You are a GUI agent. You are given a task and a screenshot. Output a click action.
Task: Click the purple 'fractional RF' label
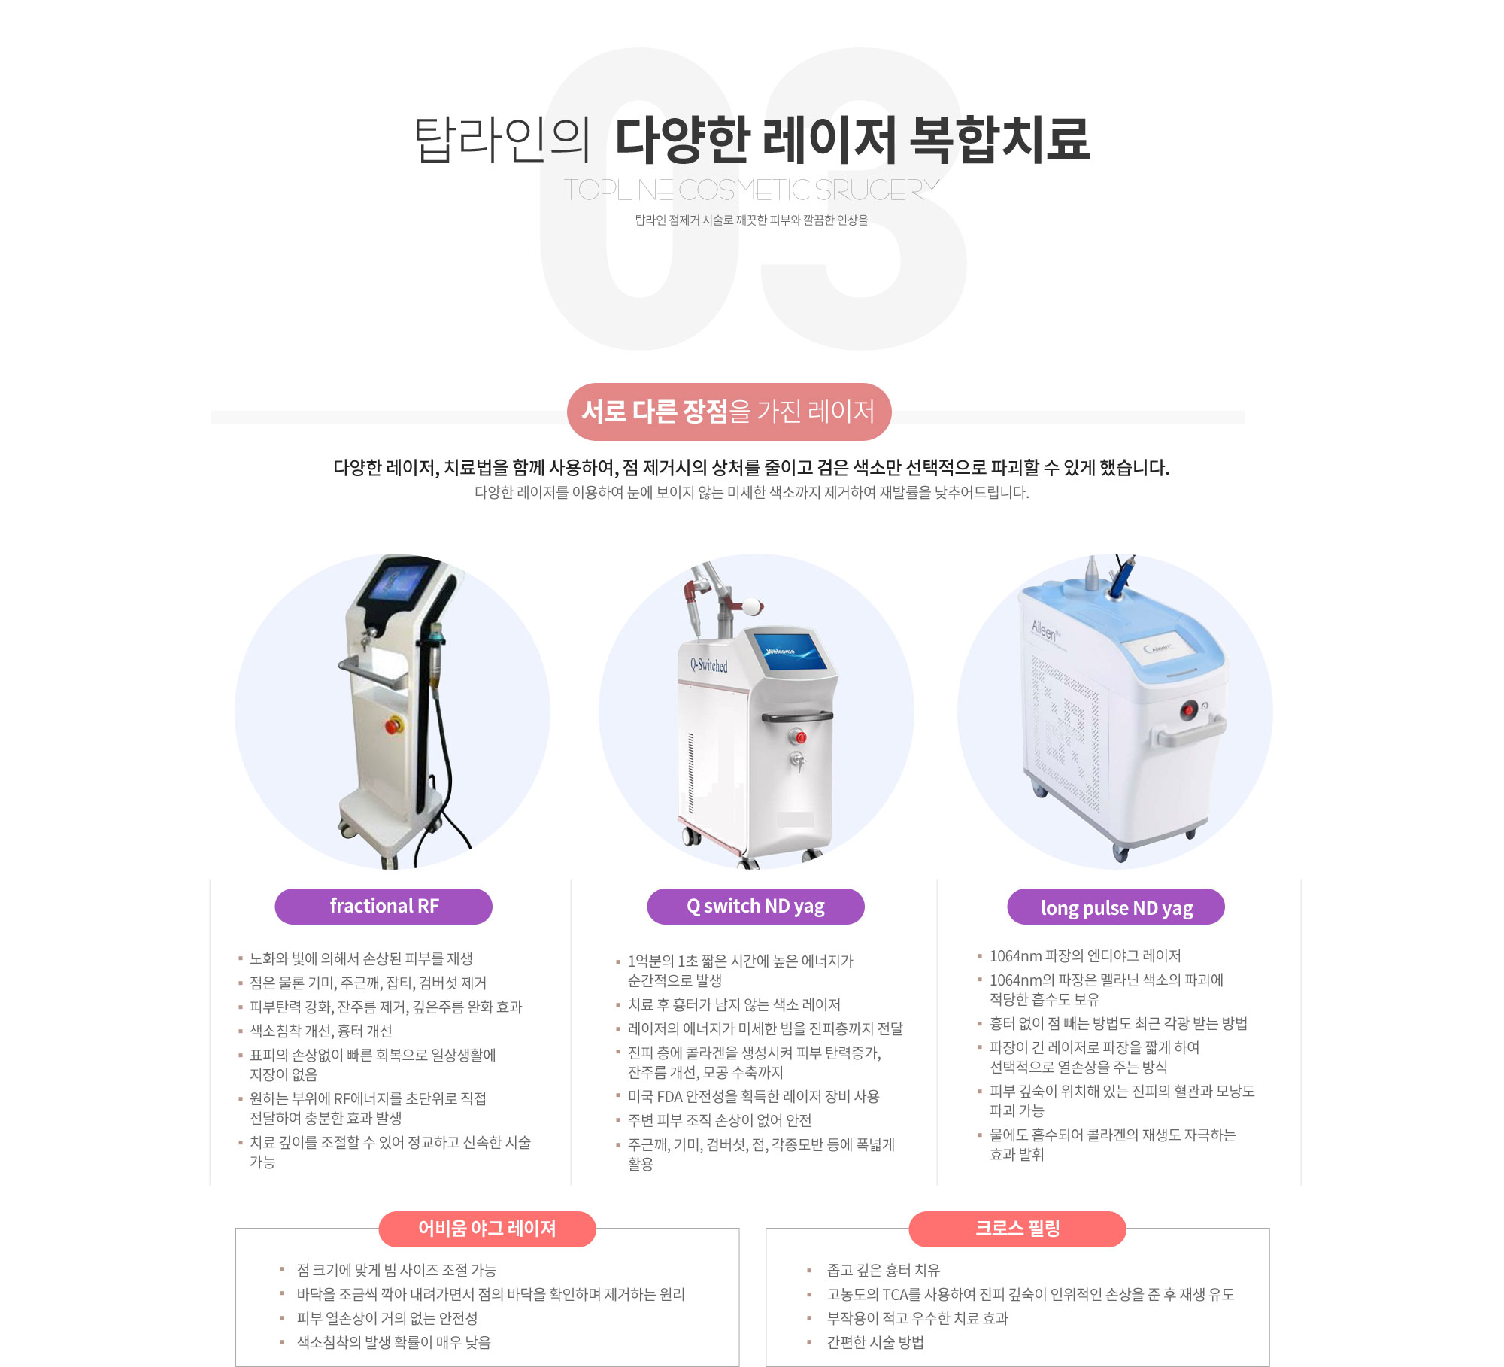[x=384, y=906]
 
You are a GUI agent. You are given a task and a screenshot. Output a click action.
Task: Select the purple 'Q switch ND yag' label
[x=756, y=906]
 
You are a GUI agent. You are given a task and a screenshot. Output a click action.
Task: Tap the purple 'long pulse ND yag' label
[x=1116, y=907]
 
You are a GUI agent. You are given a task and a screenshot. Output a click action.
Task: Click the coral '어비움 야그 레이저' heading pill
[x=487, y=1229]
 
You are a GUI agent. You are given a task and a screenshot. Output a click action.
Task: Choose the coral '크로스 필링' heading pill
[x=1017, y=1229]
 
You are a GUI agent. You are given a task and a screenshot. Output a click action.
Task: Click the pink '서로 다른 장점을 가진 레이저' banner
[x=729, y=412]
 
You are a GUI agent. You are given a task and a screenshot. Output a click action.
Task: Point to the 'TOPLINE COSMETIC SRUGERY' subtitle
[x=752, y=190]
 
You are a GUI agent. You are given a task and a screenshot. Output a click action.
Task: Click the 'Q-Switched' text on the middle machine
[x=709, y=665]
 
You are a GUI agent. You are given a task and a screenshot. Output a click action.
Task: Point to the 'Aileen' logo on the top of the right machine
[x=1045, y=629]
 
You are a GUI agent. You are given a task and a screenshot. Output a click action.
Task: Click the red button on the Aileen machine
[x=1188, y=709]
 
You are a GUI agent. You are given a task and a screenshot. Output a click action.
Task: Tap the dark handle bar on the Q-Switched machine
[x=797, y=717]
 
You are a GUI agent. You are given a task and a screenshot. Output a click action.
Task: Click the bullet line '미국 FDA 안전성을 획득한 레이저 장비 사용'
[x=754, y=1096]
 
